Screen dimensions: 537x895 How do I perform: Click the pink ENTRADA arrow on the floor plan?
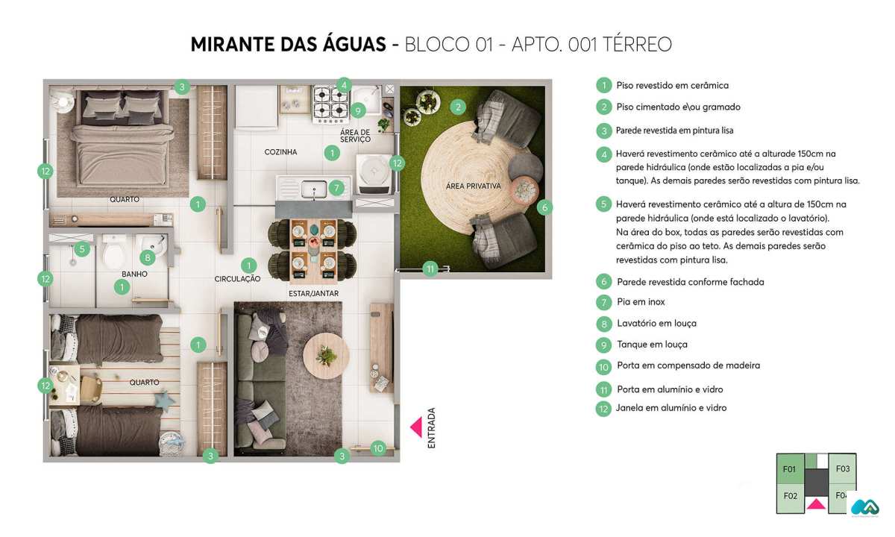[416, 427]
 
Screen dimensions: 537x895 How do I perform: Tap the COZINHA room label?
[280, 152]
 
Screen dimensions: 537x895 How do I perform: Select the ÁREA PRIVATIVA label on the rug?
[473, 186]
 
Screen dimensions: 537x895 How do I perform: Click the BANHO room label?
[134, 274]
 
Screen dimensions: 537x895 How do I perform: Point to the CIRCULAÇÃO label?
[237, 279]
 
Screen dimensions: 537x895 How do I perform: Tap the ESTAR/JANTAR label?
[313, 293]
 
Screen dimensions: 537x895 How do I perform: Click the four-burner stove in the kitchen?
[331, 104]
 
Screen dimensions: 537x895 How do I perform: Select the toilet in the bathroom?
[114, 256]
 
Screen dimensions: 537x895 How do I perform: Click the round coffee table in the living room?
[326, 349]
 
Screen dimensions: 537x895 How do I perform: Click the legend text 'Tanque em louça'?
[652, 345]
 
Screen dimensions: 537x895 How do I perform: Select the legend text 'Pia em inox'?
[641, 302]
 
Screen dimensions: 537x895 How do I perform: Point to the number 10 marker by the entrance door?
[378, 448]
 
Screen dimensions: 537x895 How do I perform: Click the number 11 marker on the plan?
[430, 269]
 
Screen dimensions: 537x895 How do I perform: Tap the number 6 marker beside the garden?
[544, 207]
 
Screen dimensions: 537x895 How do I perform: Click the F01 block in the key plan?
[790, 469]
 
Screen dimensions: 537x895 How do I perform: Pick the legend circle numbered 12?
[604, 409]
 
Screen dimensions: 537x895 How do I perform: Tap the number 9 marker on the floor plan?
[358, 111]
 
